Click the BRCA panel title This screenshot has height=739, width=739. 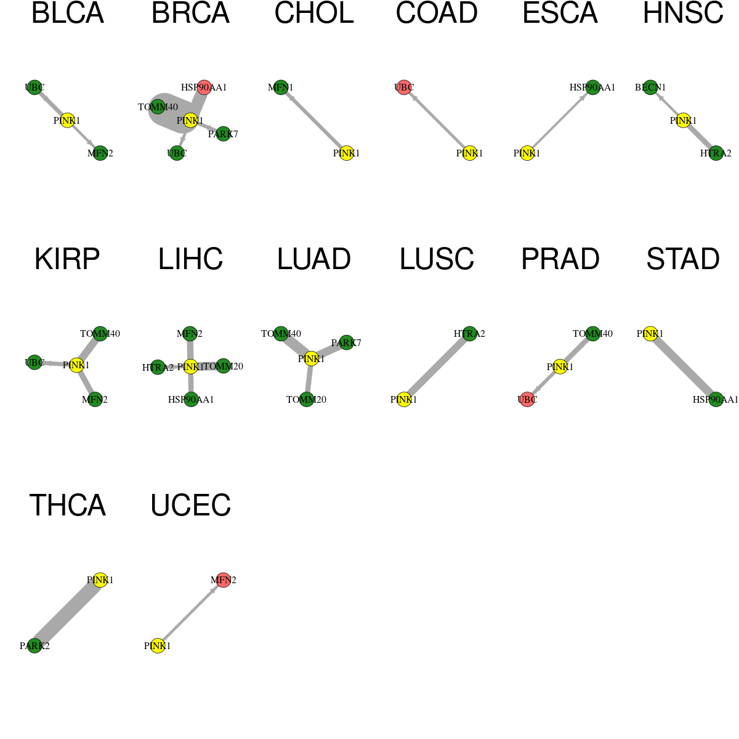pos(190,13)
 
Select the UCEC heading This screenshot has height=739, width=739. pos(190,505)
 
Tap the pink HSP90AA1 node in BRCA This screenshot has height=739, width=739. pos(204,87)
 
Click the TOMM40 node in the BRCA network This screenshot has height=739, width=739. pos(158,107)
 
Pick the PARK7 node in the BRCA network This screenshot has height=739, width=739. pos(223,134)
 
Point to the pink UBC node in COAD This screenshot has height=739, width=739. pos(404,87)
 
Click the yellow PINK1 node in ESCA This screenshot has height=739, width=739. pos(527,153)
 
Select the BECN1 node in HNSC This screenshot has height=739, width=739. pos(650,87)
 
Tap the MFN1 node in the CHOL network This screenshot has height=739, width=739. pos(281,87)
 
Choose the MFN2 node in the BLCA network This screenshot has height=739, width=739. pos(100,153)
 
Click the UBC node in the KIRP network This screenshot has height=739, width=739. pos(34,362)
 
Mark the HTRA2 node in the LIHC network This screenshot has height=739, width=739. pos(158,368)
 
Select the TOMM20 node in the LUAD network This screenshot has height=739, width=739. pos(307,399)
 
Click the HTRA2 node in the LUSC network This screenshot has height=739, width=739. pos(469,334)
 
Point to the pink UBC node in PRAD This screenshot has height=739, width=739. pos(527,399)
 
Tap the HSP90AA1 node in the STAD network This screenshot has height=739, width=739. pos(716,399)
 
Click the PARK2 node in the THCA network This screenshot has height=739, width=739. pos(34,646)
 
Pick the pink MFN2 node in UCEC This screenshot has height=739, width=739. pos(223,580)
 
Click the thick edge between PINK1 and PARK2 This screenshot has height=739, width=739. pos(67,613)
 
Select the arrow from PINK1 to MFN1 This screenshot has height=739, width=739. pos(313,121)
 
